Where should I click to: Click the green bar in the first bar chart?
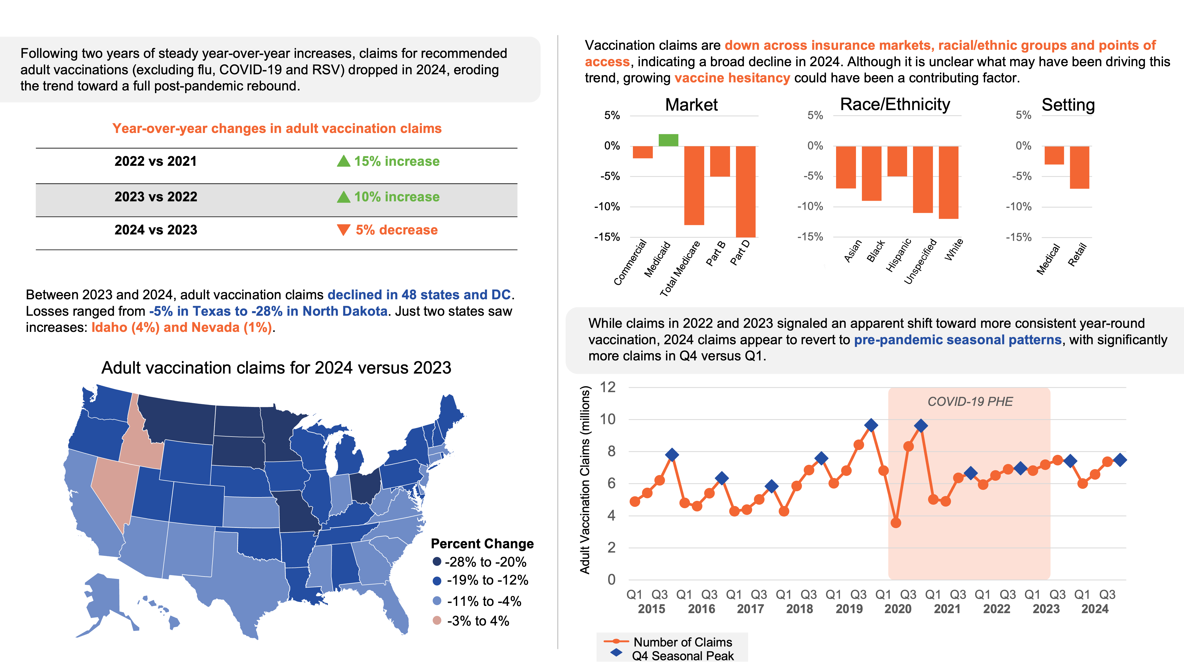coord(668,140)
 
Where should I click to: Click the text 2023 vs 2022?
coord(156,197)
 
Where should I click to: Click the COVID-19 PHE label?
coord(970,401)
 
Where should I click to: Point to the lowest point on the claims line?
coord(896,523)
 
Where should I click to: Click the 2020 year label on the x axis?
coord(897,609)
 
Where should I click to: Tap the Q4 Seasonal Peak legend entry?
coord(682,656)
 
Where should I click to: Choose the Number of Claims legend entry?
coord(682,642)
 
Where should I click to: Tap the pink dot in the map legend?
coord(437,620)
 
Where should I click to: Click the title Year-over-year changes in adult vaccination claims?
coord(277,129)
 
